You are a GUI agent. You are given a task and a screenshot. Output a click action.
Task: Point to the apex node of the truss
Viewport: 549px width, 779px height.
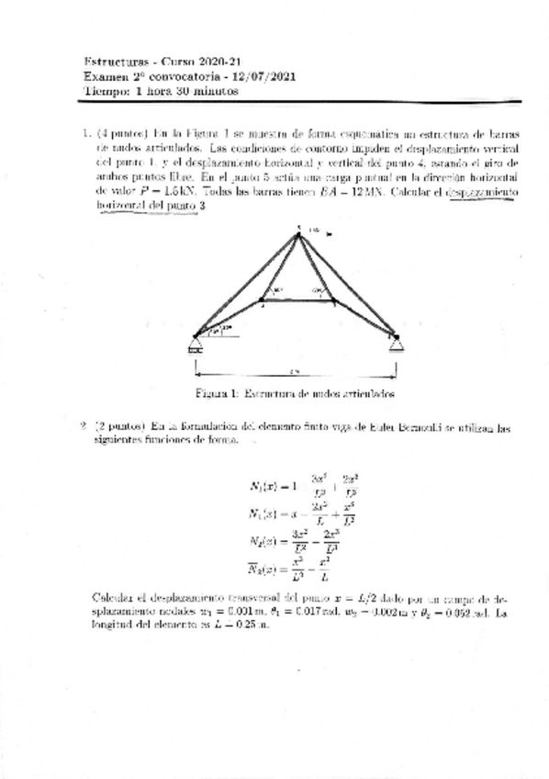click(x=298, y=232)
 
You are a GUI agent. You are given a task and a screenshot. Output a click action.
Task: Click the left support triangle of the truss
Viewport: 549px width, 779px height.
click(x=196, y=344)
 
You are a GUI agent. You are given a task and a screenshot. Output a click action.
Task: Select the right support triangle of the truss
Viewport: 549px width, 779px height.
click(x=396, y=343)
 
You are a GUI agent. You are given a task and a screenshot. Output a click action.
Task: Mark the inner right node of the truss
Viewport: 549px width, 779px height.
click(x=333, y=298)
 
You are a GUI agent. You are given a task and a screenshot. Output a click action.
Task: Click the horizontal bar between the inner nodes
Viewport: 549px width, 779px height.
click(x=298, y=298)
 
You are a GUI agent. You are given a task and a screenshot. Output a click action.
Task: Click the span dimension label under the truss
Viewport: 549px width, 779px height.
click(x=293, y=371)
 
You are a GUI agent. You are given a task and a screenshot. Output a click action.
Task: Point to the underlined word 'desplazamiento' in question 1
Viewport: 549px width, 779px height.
click(x=481, y=193)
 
